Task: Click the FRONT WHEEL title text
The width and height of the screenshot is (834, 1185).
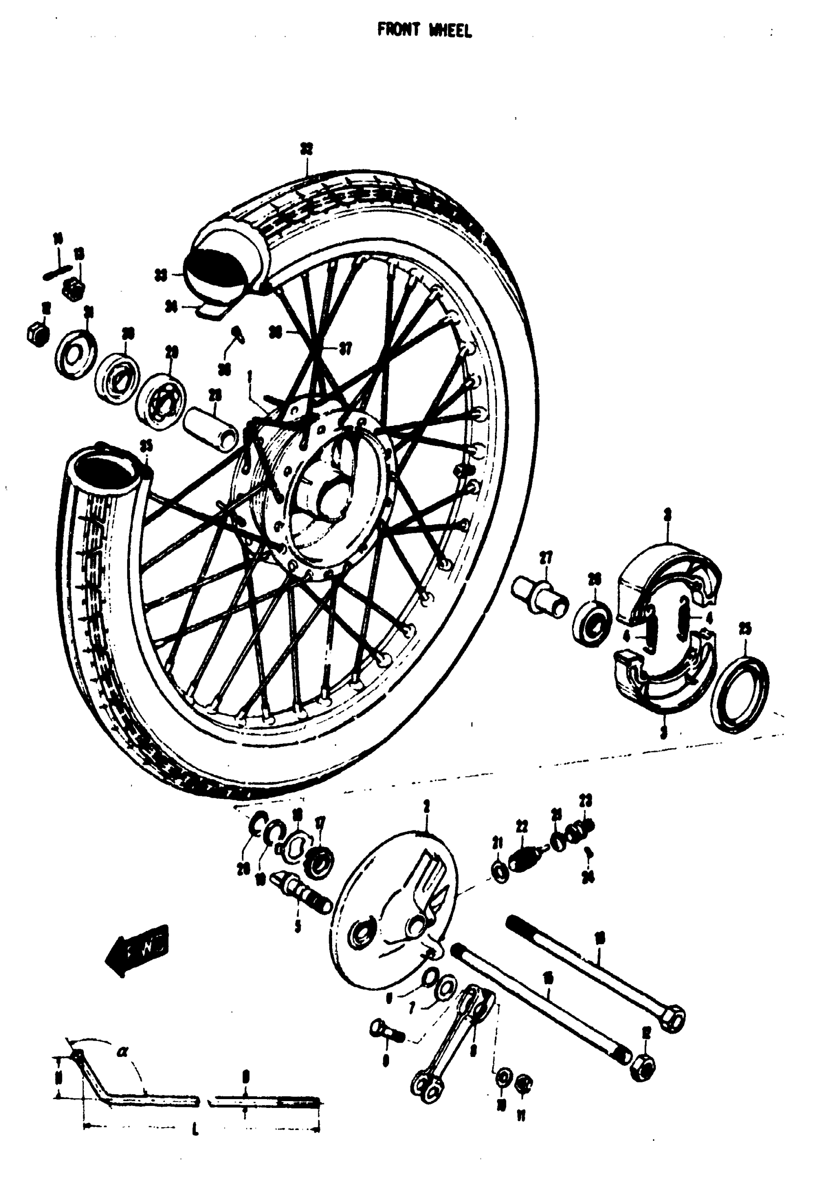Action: coord(424,31)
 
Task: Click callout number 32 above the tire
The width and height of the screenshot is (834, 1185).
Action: coord(307,150)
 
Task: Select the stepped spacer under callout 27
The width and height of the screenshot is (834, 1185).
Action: coord(539,597)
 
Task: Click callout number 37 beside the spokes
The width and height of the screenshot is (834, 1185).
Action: coord(345,349)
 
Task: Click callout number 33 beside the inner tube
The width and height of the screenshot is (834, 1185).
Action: coord(161,276)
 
